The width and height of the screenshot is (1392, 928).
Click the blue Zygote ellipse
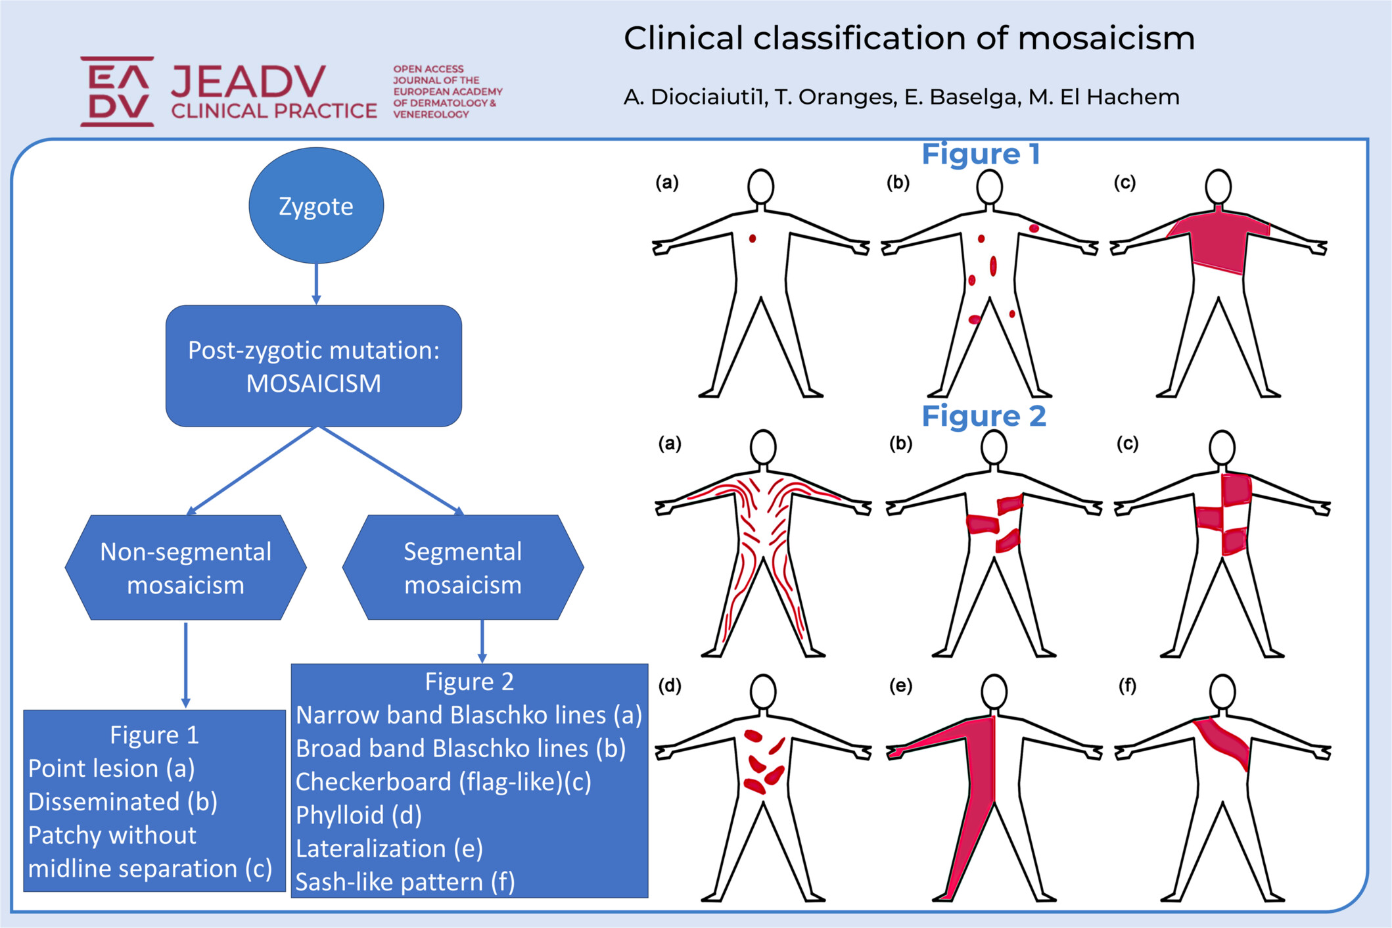[x=316, y=205]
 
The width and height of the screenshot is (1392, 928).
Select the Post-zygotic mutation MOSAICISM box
[x=313, y=365]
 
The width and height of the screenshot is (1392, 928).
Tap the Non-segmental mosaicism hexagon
[x=185, y=567]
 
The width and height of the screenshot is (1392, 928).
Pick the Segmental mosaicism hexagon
[x=463, y=567]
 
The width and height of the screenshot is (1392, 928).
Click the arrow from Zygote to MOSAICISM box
[x=316, y=283]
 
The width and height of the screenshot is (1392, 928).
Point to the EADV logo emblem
[x=118, y=91]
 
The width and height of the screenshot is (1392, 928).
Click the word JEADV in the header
[x=248, y=81]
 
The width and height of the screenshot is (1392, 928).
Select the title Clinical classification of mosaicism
[x=908, y=38]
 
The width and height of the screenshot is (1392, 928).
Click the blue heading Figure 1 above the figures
[x=980, y=154]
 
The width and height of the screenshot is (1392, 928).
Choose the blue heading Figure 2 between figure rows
[x=983, y=416]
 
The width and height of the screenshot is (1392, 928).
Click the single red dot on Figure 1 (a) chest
[x=753, y=239]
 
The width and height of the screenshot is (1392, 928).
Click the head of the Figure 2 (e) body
[x=994, y=691]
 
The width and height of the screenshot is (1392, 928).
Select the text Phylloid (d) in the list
[x=359, y=815]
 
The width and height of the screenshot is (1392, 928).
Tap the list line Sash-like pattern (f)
[x=405, y=882]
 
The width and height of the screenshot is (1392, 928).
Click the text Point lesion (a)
[x=111, y=768]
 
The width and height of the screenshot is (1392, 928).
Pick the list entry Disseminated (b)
[x=122, y=802]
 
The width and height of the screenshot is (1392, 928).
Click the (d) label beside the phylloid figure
[x=670, y=686]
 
